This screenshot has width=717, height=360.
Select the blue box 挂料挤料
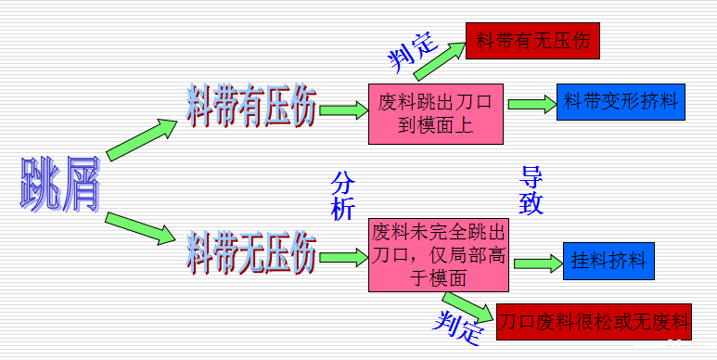[608, 260]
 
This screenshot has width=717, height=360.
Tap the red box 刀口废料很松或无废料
[595, 322]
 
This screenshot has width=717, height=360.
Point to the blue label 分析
[343, 194]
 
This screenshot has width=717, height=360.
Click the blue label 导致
[531, 190]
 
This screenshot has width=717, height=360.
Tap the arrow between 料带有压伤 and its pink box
[342, 110]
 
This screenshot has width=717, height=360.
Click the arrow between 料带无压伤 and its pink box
[342, 253]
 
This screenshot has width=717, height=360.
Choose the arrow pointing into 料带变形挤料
[530, 103]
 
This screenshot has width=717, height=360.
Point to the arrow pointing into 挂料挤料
[539, 263]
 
